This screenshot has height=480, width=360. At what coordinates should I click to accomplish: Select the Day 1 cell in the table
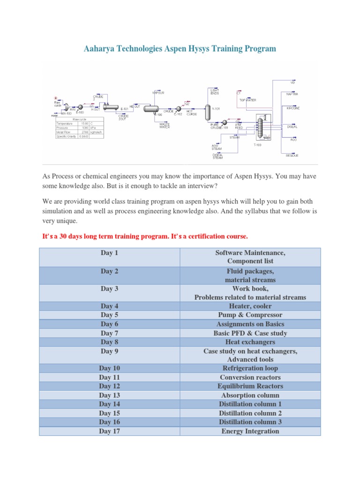(109, 253)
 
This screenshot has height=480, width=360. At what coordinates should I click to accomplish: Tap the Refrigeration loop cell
(250, 368)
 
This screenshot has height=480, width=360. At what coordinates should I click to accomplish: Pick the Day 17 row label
(109, 431)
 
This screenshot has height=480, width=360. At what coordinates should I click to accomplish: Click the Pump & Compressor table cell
(250, 315)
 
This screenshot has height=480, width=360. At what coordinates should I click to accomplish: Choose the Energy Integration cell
(250, 431)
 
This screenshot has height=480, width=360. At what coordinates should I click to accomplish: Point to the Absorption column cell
(250, 395)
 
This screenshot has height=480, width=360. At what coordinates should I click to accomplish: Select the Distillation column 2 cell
(250, 413)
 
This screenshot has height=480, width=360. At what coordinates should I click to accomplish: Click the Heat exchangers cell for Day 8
(250, 342)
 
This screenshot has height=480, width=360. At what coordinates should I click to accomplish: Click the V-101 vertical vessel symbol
(206, 110)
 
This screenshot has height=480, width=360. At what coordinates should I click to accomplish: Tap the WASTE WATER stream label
(165, 125)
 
